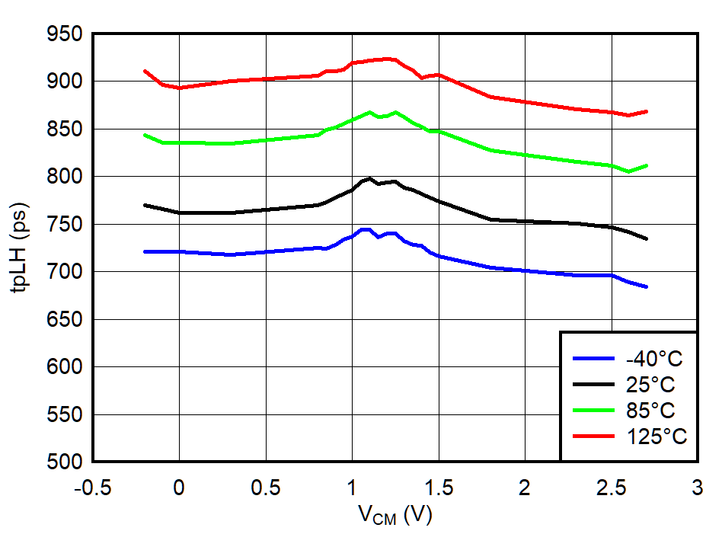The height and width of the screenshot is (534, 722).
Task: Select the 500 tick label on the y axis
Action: [64, 462]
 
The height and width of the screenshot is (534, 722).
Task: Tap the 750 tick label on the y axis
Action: [64, 225]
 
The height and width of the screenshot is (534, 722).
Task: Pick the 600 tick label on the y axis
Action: [64, 367]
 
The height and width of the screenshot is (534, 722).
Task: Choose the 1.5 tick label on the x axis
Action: [438, 487]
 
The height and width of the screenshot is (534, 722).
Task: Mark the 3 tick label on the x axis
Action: [697, 487]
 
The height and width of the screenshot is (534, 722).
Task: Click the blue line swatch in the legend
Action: [593, 358]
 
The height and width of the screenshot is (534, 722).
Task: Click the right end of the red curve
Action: [646, 111]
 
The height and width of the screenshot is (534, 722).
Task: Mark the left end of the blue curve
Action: [145, 251]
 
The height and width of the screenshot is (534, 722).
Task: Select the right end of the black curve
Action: [646, 239]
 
